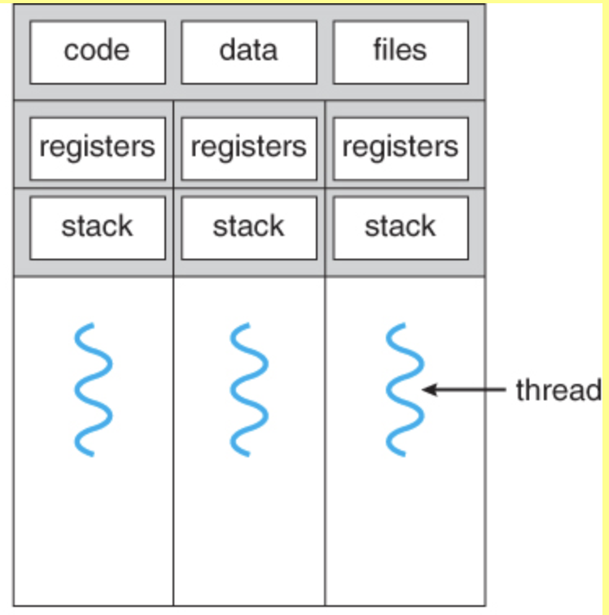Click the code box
pos(98,52)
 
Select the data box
pos(249,52)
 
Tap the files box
pos(401,52)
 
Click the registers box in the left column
pos(98,149)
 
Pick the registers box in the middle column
pos(249,149)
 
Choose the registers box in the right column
pos(401,149)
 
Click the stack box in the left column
pos(98,228)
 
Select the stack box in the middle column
pos(249,228)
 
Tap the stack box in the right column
pos(401,228)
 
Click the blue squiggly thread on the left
pos(93,390)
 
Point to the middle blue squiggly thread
pos(249,390)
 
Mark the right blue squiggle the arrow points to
pos(405,390)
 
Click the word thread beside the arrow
pos(559,390)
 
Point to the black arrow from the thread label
pos(464,390)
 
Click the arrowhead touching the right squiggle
pos(429,390)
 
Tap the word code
pos(97,50)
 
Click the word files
pos(400,50)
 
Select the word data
pos(248,50)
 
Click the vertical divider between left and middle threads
pos(173,353)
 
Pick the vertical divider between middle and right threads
pos(325,353)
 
